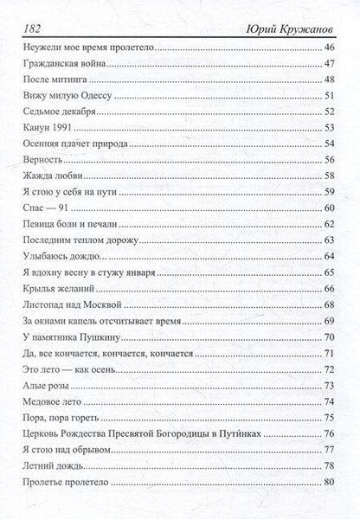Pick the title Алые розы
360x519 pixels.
[43, 384]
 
